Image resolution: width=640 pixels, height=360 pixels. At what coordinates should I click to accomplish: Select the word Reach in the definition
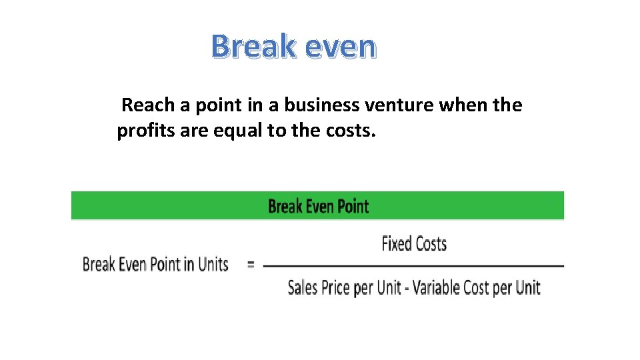click(147, 105)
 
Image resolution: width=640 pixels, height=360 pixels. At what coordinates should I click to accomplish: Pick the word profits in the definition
click(142, 131)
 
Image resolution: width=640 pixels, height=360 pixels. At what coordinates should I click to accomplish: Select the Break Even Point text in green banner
click(318, 206)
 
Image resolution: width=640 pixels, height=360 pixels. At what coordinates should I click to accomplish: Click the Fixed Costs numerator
click(413, 244)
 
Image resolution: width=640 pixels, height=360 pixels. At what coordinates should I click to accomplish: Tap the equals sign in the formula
click(251, 264)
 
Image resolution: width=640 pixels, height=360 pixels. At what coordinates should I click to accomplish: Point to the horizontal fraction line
click(413, 266)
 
